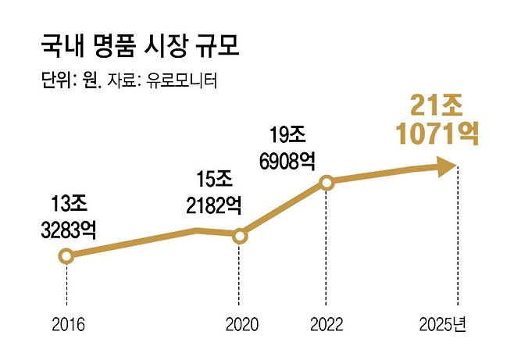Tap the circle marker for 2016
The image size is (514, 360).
pos(66,255)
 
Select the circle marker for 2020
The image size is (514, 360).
pos(240,234)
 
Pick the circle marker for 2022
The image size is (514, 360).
pos(327,182)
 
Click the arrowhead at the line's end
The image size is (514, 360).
pos(446,165)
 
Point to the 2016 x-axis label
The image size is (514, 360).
pos(66,323)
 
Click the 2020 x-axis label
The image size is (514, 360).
pos(240,323)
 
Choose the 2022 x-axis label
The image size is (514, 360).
pos(327,323)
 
